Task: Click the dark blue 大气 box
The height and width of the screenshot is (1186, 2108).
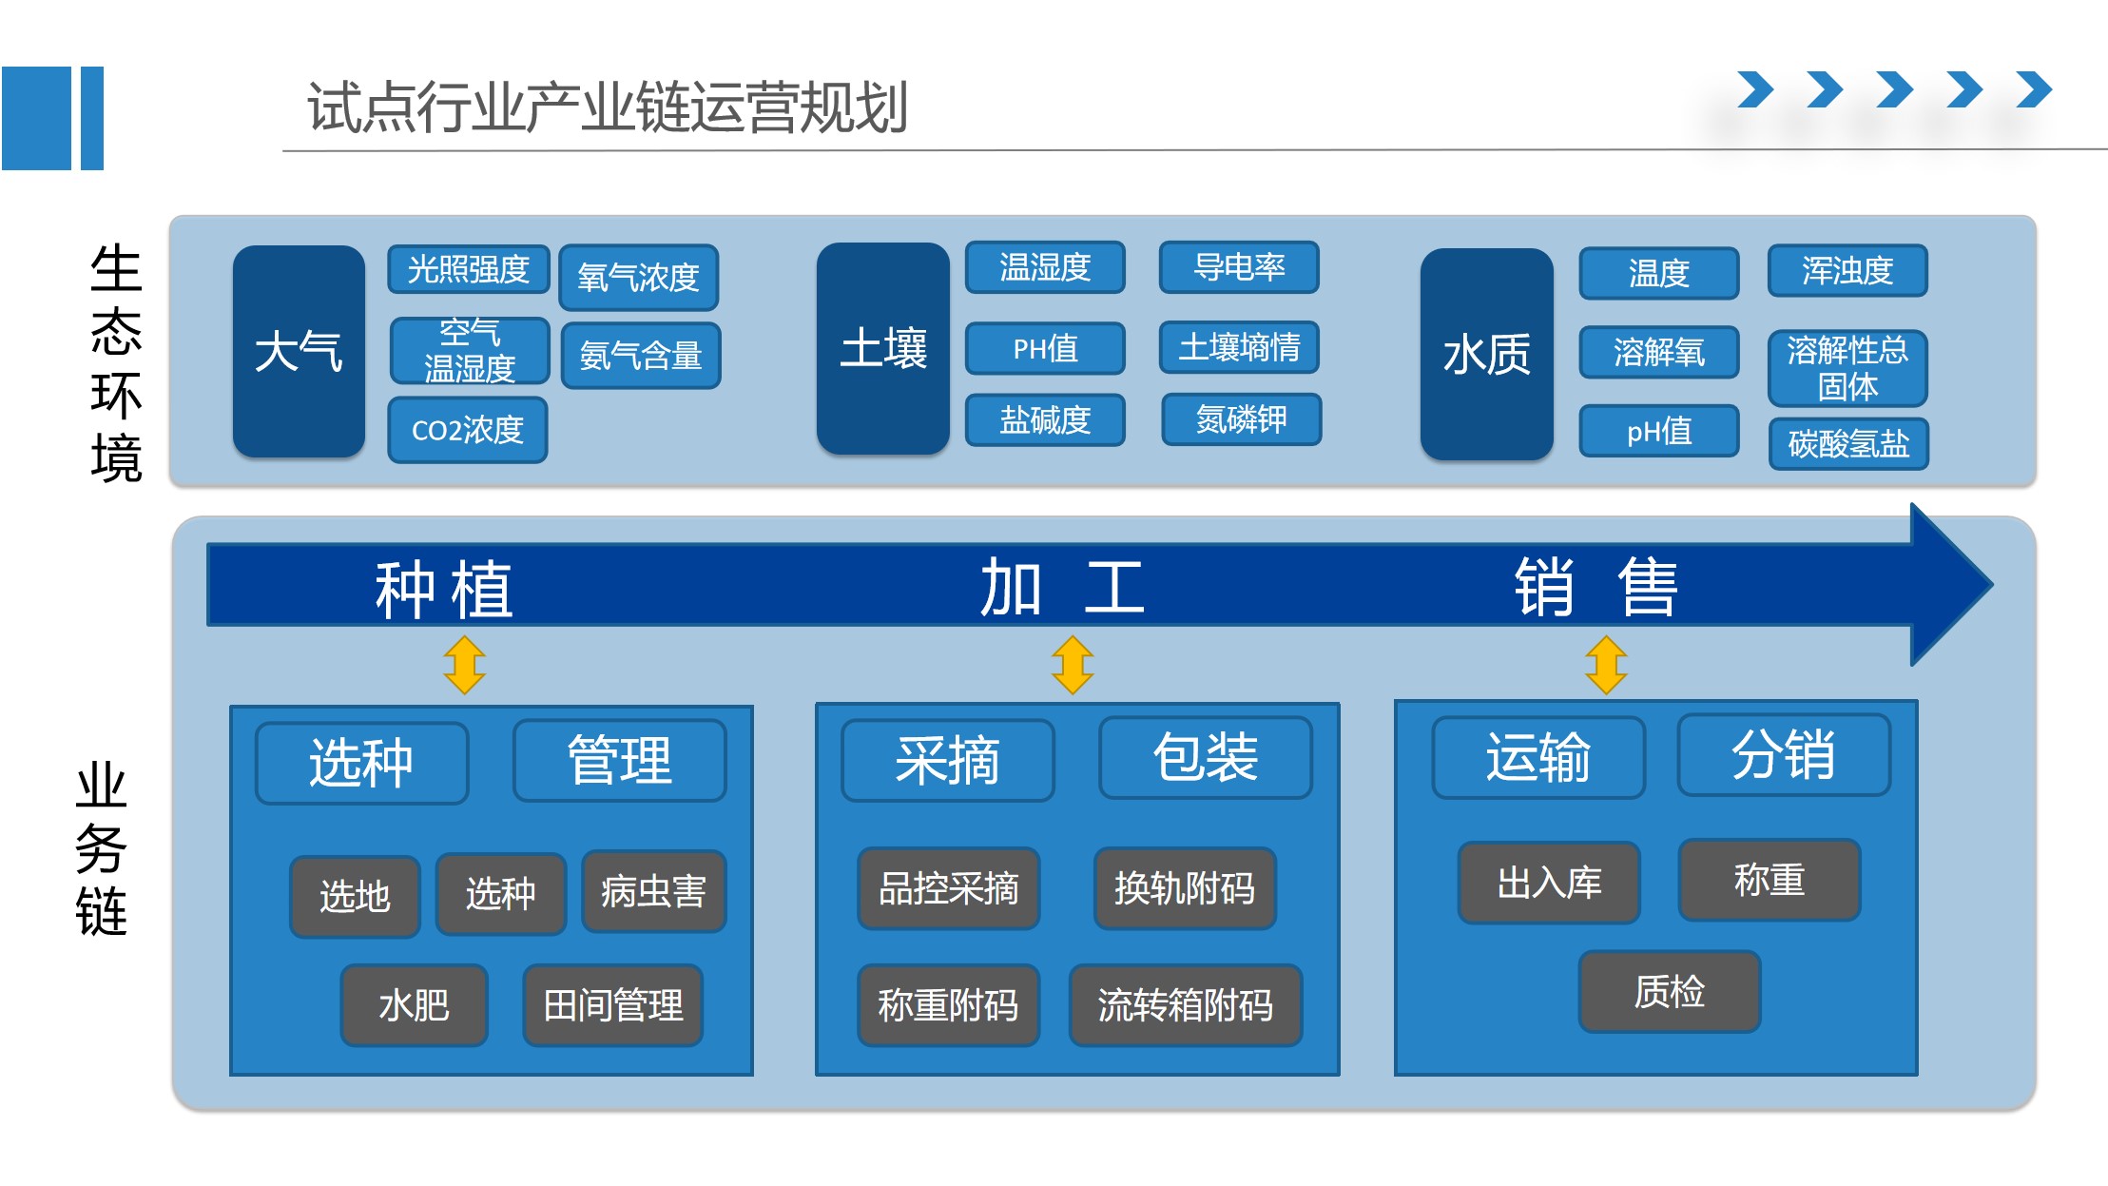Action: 299,351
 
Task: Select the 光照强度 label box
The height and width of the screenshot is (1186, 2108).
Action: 468,269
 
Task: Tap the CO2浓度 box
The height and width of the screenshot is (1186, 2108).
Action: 467,430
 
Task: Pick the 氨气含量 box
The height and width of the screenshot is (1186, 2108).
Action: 640,356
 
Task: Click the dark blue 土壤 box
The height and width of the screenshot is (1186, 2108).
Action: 882,348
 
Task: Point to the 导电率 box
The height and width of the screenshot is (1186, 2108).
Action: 1238,267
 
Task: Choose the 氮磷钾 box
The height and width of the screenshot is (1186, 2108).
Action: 1241,418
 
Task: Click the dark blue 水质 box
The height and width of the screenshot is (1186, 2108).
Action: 1486,355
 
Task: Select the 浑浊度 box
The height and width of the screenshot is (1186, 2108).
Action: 1847,271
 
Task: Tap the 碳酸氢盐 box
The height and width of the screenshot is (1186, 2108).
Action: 1847,443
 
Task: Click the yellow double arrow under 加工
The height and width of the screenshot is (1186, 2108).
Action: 1073,665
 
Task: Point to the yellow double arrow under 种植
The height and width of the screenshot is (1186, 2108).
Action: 465,665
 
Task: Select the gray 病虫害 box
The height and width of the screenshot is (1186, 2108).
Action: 653,891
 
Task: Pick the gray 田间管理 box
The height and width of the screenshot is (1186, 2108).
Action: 612,1005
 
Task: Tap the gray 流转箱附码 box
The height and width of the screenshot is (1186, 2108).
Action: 1185,1005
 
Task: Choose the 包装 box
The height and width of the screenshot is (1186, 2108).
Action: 1205,758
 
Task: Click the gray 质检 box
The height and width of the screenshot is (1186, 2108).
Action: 1669,991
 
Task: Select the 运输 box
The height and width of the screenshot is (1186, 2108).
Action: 1537,758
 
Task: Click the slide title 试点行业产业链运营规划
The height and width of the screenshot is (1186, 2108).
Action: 607,107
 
